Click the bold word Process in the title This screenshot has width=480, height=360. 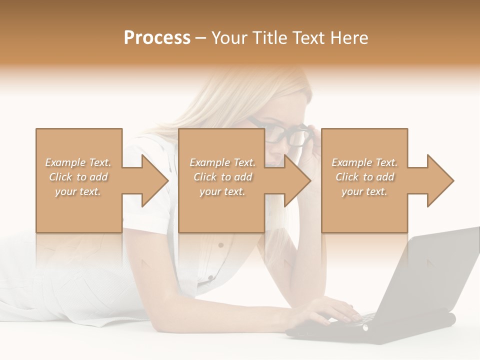[157, 38]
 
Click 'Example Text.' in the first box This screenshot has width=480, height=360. [78, 162]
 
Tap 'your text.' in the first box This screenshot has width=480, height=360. [78, 191]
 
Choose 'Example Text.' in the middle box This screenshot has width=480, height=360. [222, 162]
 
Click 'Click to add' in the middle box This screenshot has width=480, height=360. [222, 177]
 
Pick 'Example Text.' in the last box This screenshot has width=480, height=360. [364, 162]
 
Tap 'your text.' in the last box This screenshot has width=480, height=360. [364, 191]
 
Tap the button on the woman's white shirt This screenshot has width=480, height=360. [220, 245]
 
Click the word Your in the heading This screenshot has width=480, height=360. [229, 38]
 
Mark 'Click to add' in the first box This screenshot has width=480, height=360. [78, 177]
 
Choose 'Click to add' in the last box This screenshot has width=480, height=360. [364, 177]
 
